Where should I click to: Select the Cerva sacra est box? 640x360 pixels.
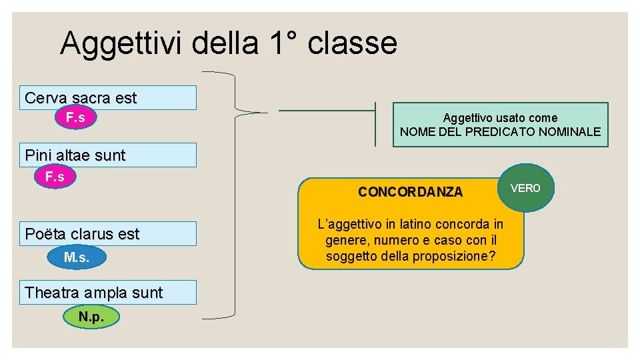(108, 97)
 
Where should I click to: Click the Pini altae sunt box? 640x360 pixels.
(108, 155)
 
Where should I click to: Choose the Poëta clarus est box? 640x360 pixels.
(108, 233)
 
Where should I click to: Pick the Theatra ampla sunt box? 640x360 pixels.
(108, 292)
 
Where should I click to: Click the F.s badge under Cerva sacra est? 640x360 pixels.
(75, 118)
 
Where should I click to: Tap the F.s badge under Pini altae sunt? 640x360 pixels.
(55, 177)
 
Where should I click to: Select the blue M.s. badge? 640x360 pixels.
(77, 257)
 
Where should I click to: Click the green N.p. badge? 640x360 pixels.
(91, 317)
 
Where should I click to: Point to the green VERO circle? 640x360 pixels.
(525, 188)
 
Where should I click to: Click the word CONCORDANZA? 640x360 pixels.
(410, 192)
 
